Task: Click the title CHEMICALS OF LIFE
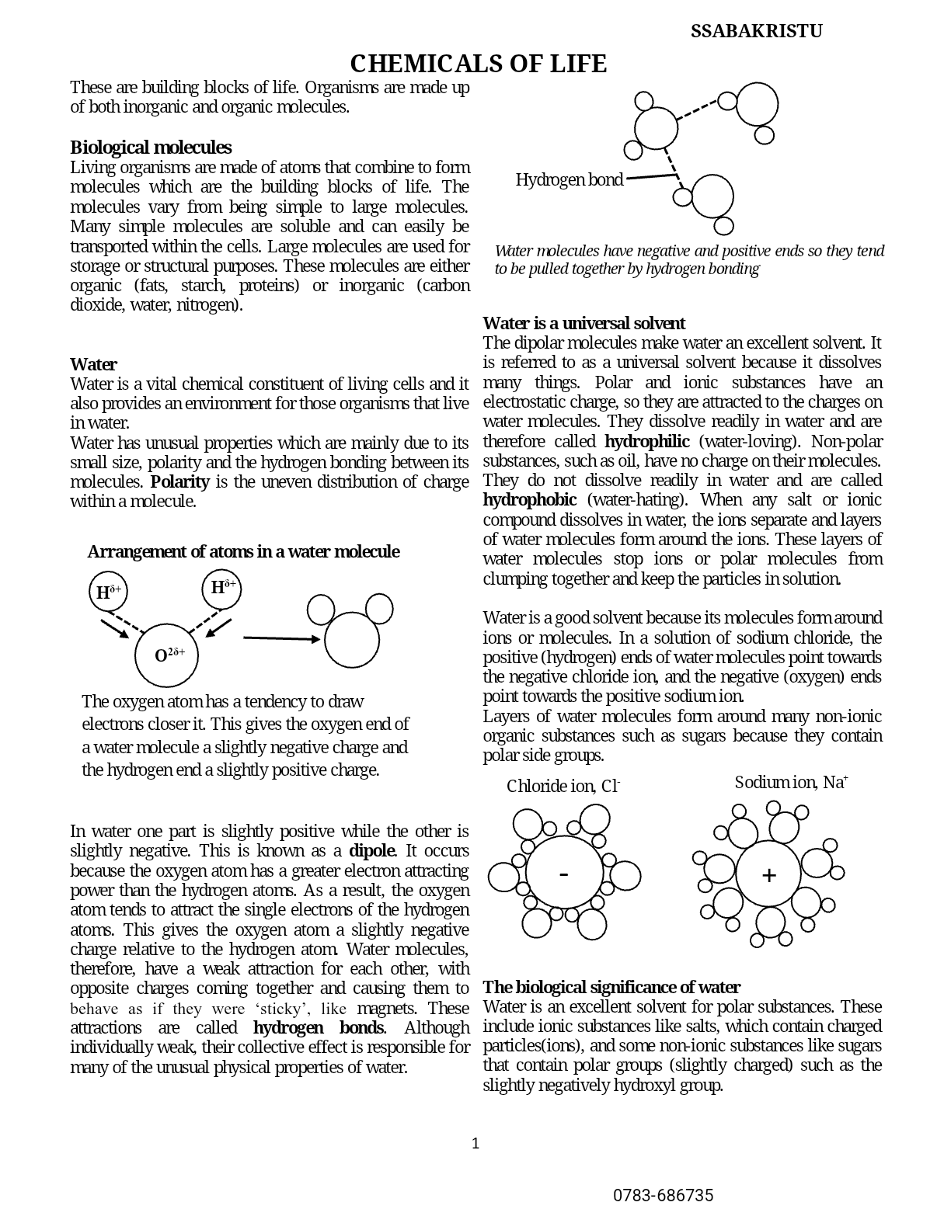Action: click(478, 64)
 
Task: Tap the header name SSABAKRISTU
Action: click(756, 31)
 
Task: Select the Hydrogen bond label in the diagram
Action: click(569, 180)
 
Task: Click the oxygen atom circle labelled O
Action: click(167, 655)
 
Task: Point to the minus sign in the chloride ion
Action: click(564, 874)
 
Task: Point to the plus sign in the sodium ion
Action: click(768, 875)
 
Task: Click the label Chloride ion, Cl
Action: click(563, 786)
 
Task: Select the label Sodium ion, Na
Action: click(790, 782)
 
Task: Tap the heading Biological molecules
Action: click(151, 148)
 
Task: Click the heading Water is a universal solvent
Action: click(583, 323)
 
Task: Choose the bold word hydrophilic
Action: click(646, 441)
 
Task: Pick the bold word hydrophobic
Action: click(529, 499)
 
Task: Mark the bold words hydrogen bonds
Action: click(318, 1027)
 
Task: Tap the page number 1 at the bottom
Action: click(475, 1143)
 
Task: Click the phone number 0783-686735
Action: click(663, 1195)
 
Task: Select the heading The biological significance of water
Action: click(611, 987)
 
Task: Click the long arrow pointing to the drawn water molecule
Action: click(281, 638)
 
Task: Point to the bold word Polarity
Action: click(179, 481)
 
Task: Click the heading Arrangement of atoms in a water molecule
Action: click(243, 551)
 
